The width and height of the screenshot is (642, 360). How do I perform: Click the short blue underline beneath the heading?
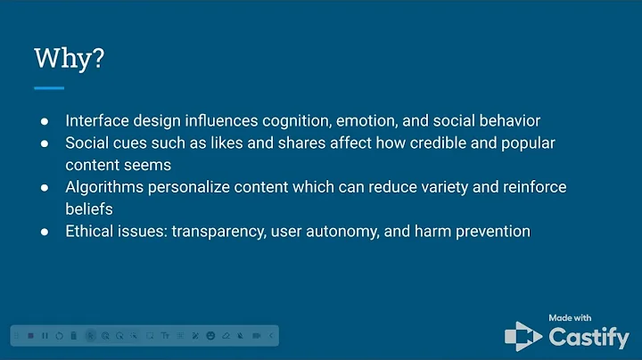pyautogui.click(x=49, y=88)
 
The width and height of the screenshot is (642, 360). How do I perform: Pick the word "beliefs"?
pyautogui.click(x=90, y=209)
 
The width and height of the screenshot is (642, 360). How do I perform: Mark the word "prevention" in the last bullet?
pyautogui.click(x=490, y=232)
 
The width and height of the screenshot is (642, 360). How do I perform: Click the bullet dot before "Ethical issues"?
pyautogui.click(x=45, y=232)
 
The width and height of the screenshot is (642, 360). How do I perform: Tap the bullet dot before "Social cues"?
pyautogui.click(x=45, y=143)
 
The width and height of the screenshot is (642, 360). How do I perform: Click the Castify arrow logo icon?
pyautogui.click(x=523, y=335)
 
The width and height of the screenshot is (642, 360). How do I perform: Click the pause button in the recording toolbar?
pyautogui.click(x=45, y=335)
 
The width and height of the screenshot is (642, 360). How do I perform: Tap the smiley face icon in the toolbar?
pyautogui.click(x=210, y=335)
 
